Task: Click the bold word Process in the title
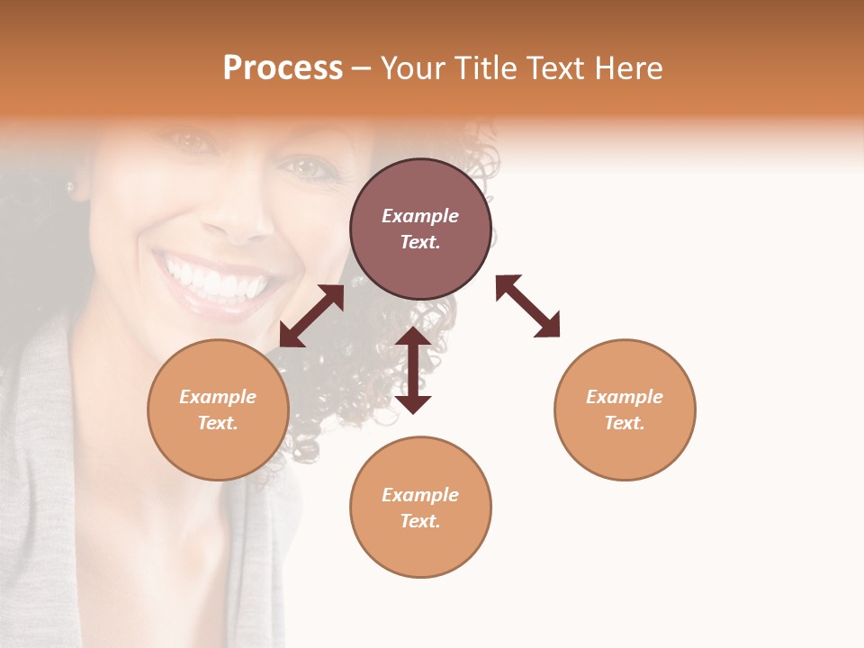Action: pos(283,68)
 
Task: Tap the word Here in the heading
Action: pos(626,68)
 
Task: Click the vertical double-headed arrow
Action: pos(413,370)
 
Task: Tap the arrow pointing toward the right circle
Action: pos(528,306)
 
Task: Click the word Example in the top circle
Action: pos(420,216)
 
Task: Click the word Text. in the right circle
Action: pos(625,423)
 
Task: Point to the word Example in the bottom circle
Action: pos(420,495)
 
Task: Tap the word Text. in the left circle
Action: pos(218,423)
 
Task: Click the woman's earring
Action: pos(69,187)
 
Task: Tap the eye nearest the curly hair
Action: pos(305,167)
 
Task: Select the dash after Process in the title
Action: pos(361,68)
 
